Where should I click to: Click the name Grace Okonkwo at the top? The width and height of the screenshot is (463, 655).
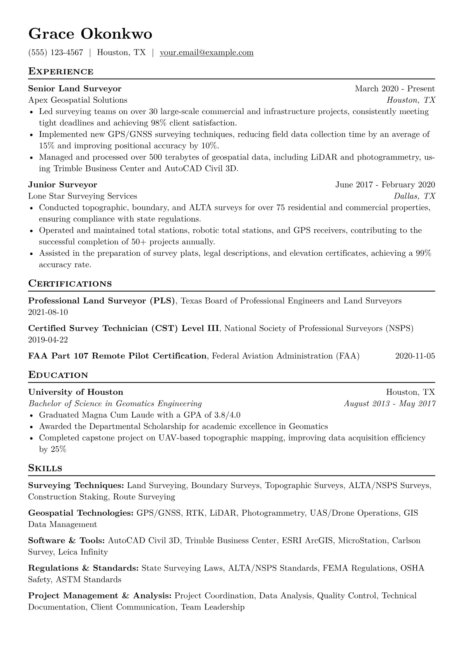click(x=90, y=34)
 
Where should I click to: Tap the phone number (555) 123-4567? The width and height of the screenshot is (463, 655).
click(x=56, y=53)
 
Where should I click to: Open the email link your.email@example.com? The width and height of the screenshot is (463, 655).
click(x=207, y=53)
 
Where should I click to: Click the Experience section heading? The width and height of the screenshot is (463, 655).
click(x=61, y=72)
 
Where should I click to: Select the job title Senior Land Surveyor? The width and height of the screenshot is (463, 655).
click(x=75, y=89)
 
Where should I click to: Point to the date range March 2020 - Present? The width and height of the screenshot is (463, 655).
click(x=395, y=89)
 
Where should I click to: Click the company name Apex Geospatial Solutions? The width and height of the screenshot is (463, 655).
click(x=78, y=100)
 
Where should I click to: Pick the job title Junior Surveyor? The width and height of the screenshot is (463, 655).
click(x=63, y=184)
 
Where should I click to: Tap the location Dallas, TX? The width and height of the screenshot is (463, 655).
click(x=414, y=196)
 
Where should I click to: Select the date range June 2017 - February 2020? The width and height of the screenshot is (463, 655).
click(x=385, y=184)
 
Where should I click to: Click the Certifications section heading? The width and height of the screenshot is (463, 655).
click(x=70, y=283)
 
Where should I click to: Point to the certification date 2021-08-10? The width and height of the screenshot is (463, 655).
click(x=48, y=312)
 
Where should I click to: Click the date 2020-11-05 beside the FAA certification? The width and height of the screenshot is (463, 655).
click(x=415, y=356)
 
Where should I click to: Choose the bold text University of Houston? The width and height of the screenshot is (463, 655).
click(x=76, y=392)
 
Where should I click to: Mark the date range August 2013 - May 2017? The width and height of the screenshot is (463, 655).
click(x=389, y=404)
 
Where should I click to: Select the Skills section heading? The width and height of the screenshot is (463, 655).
click(x=45, y=468)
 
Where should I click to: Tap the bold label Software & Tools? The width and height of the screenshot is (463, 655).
click(x=67, y=541)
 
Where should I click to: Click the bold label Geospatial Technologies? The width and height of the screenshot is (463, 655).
click(x=81, y=513)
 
